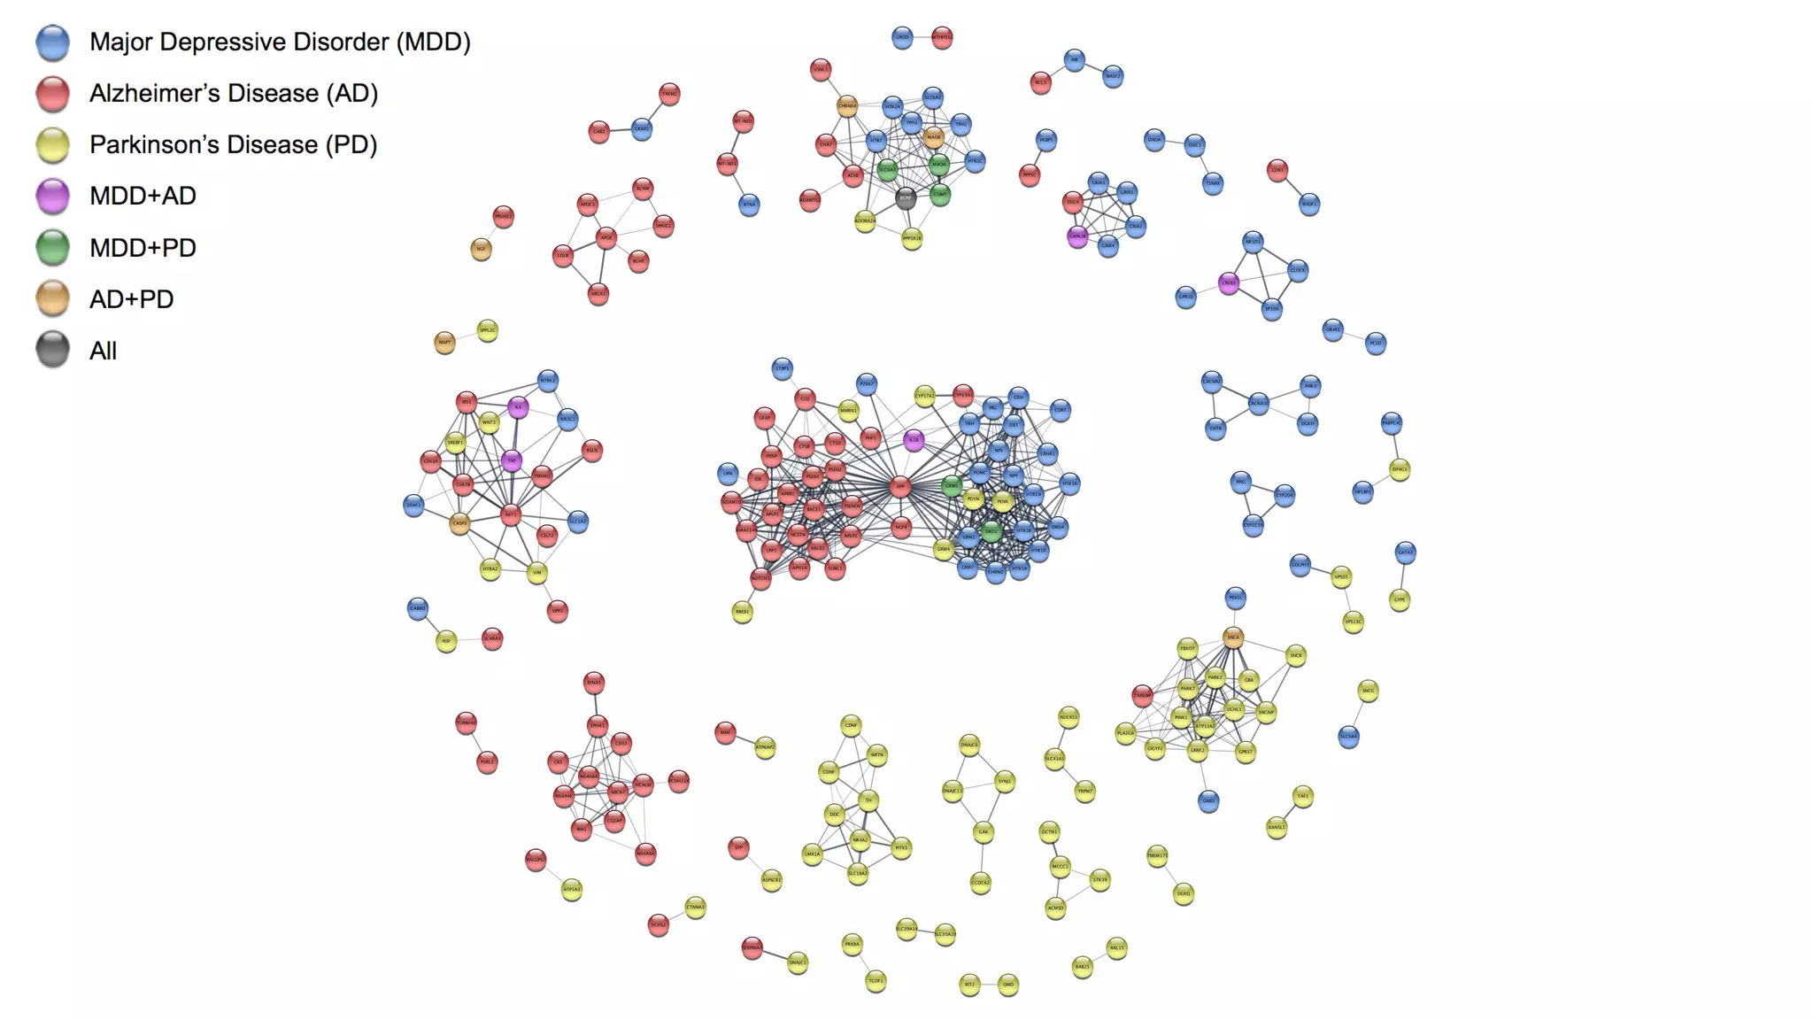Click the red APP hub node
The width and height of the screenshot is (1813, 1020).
click(x=900, y=485)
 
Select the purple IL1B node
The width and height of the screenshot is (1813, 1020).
click(x=914, y=439)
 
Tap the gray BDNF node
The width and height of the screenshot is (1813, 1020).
click(x=906, y=197)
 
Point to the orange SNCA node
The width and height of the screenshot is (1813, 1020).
click(x=1233, y=637)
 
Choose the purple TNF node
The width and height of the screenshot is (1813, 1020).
click(x=512, y=460)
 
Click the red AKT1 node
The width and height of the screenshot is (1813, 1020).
click(x=511, y=514)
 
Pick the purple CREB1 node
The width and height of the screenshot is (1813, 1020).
click(x=1229, y=283)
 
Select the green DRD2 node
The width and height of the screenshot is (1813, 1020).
click(x=991, y=531)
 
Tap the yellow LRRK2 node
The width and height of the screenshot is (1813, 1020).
click(x=1197, y=750)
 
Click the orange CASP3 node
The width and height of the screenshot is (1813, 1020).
click(x=459, y=523)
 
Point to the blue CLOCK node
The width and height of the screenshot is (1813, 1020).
click(x=1298, y=270)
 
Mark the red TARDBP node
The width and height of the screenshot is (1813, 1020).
click(x=1143, y=695)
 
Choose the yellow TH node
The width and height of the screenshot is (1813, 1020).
click(x=868, y=800)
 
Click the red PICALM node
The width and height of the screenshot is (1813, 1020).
click(x=644, y=784)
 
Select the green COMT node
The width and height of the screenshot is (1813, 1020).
click(x=940, y=195)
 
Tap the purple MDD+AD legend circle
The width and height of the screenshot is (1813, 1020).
click(x=53, y=196)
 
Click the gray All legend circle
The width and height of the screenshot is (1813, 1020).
click(x=53, y=350)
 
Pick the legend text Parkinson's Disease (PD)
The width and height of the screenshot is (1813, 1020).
click(x=233, y=144)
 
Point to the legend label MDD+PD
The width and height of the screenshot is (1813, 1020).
click(x=143, y=248)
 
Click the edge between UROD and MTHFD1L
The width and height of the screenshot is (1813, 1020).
click(x=922, y=37)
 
